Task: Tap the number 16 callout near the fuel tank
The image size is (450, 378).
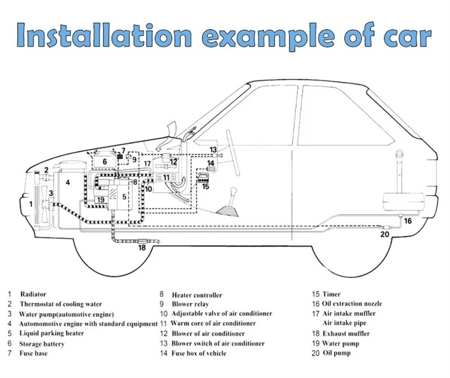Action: pos(408,221)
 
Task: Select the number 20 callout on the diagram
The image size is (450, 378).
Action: pos(385,234)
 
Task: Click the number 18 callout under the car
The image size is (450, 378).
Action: pos(142,247)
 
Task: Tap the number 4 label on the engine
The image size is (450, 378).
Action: pos(67,182)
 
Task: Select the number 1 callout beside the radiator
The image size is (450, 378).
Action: pos(31,204)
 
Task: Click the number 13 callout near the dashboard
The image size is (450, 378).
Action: pos(213,149)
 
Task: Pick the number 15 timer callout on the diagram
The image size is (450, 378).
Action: pos(205,186)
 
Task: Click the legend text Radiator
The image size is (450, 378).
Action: pos(33,294)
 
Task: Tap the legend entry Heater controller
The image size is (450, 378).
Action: pos(197,295)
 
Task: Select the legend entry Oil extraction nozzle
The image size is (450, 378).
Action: pos(352,304)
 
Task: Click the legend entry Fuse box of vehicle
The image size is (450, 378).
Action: pos(199,353)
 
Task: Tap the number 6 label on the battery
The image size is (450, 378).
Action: pos(104,162)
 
